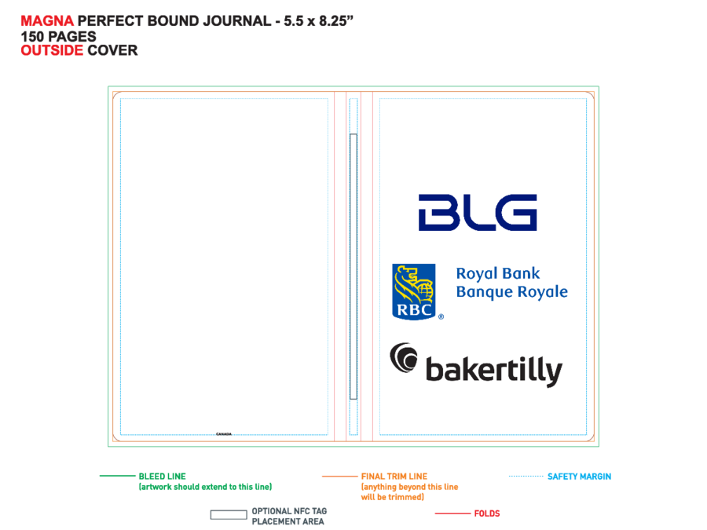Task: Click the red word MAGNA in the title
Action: pyautogui.click(x=47, y=20)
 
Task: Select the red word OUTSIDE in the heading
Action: pyautogui.click(x=52, y=50)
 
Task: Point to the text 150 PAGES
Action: pyautogui.click(x=59, y=36)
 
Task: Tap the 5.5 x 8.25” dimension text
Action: pyautogui.click(x=318, y=20)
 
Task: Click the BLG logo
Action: pyautogui.click(x=478, y=213)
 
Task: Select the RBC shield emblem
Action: pyautogui.click(x=414, y=291)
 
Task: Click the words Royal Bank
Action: pyautogui.click(x=498, y=273)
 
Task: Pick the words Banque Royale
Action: pyautogui.click(x=511, y=292)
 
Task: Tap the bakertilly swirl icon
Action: pyautogui.click(x=404, y=357)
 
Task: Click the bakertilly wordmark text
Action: pyautogui.click(x=494, y=371)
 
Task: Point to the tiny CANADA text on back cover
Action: pyautogui.click(x=224, y=434)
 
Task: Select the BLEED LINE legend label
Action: pyautogui.click(x=163, y=477)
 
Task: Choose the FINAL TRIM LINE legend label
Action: pyautogui.click(x=394, y=477)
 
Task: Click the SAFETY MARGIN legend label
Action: pyautogui.click(x=580, y=477)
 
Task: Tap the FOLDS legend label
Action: pyautogui.click(x=487, y=514)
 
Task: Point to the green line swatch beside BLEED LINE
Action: pyautogui.click(x=117, y=476)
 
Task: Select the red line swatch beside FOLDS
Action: pyautogui.click(x=452, y=513)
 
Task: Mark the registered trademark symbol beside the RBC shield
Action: pyautogui.click(x=441, y=317)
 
